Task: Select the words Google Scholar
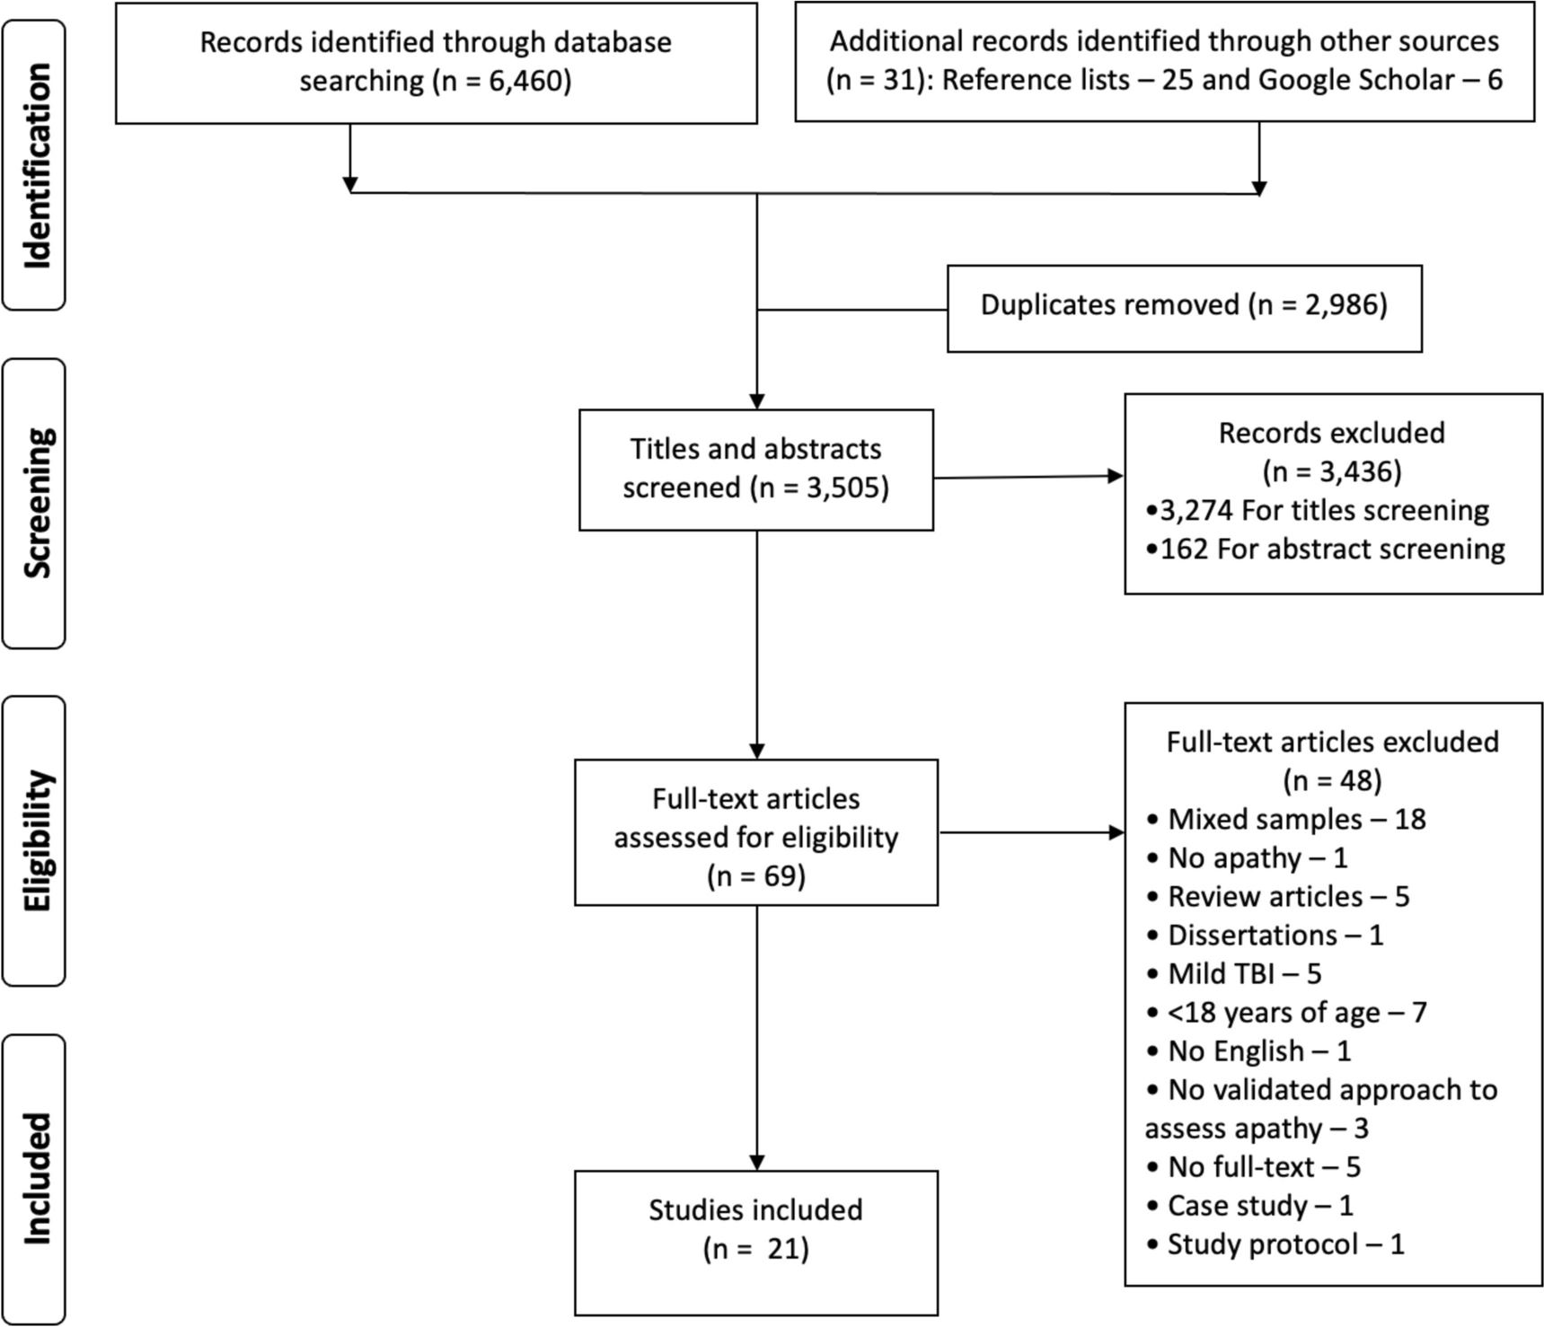coord(1356,80)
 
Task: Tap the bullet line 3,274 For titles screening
coord(1318,511)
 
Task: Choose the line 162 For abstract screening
coord(1326,549)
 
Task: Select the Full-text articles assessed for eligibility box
coord(756,832)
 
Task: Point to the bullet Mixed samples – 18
coord(1286,820)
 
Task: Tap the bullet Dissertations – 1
coord(1266,936)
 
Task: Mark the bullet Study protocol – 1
coord(1275,1244)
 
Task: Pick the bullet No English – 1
coord(1250,1051)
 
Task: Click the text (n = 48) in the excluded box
coord(1332,781)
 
